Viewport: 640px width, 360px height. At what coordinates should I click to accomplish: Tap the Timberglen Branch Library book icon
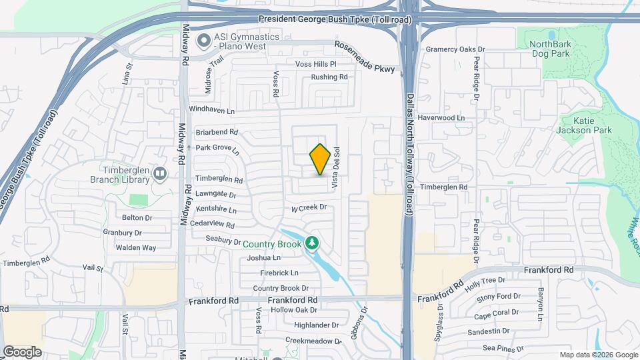[160, 175]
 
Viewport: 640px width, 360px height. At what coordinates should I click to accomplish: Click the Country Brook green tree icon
[311, 244]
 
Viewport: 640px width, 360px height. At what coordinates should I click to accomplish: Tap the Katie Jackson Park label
[583, 126]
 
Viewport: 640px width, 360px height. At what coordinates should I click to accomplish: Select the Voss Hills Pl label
[316, 64]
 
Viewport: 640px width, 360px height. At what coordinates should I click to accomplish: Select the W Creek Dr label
[309, 208]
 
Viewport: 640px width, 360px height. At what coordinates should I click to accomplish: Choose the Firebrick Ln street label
[279, 273]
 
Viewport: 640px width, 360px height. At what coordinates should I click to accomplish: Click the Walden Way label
[135, 248]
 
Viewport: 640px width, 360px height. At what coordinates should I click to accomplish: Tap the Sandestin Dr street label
[489, 331]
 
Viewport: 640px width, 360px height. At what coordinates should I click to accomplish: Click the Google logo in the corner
[22, 351]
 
